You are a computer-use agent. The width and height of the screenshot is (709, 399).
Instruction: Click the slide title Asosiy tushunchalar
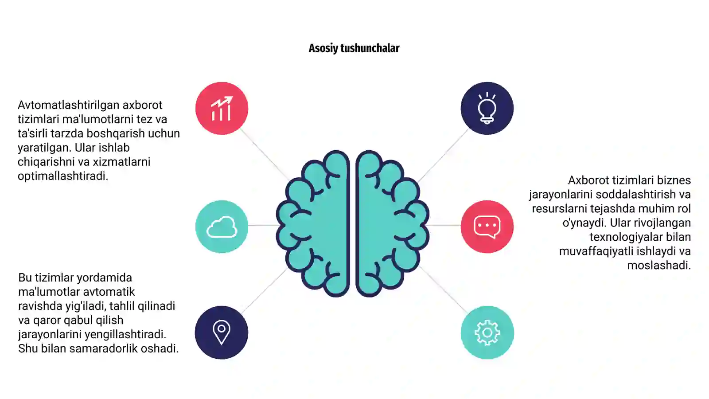pyautogui.click(x=354, y=48)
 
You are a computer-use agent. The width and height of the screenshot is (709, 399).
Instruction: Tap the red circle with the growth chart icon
pyautogui.click(x=222, y=108)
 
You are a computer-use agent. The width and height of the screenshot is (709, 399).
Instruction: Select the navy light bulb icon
pyautogui.click(x=487, y=108)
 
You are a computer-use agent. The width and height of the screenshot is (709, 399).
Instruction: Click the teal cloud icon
pyautogui.click(x=222, y=227)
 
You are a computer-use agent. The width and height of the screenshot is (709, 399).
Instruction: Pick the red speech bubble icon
pyautogui.click(x=487, y=227)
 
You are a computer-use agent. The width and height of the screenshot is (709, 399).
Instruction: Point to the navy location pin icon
pyautogui.click(x=222, y=332)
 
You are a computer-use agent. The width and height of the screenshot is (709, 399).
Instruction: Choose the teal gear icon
pyautogui.click(x=487, y=332)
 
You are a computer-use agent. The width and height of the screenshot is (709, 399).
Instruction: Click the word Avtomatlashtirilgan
pyautogui.click(x=68, y=105)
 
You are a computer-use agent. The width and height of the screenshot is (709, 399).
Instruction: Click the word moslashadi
pyautogui.click(x=659, y=266)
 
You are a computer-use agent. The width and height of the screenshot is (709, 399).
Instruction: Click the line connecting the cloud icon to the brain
pyautogui.click(x=263, y=225)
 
